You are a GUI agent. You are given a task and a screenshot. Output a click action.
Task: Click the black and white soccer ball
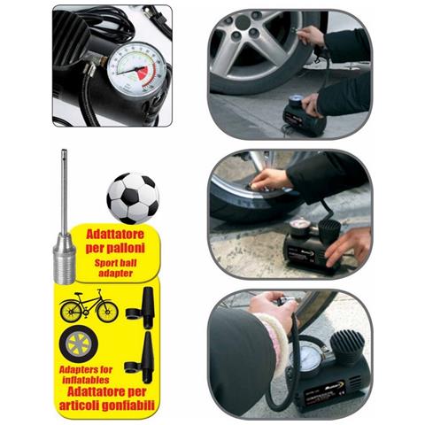[132, 197]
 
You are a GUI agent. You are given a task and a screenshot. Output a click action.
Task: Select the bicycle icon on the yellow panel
[89, 307]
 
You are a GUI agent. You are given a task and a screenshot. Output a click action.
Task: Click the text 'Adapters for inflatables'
[85, 376]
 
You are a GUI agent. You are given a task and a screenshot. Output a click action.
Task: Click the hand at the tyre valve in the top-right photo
[311, 35]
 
